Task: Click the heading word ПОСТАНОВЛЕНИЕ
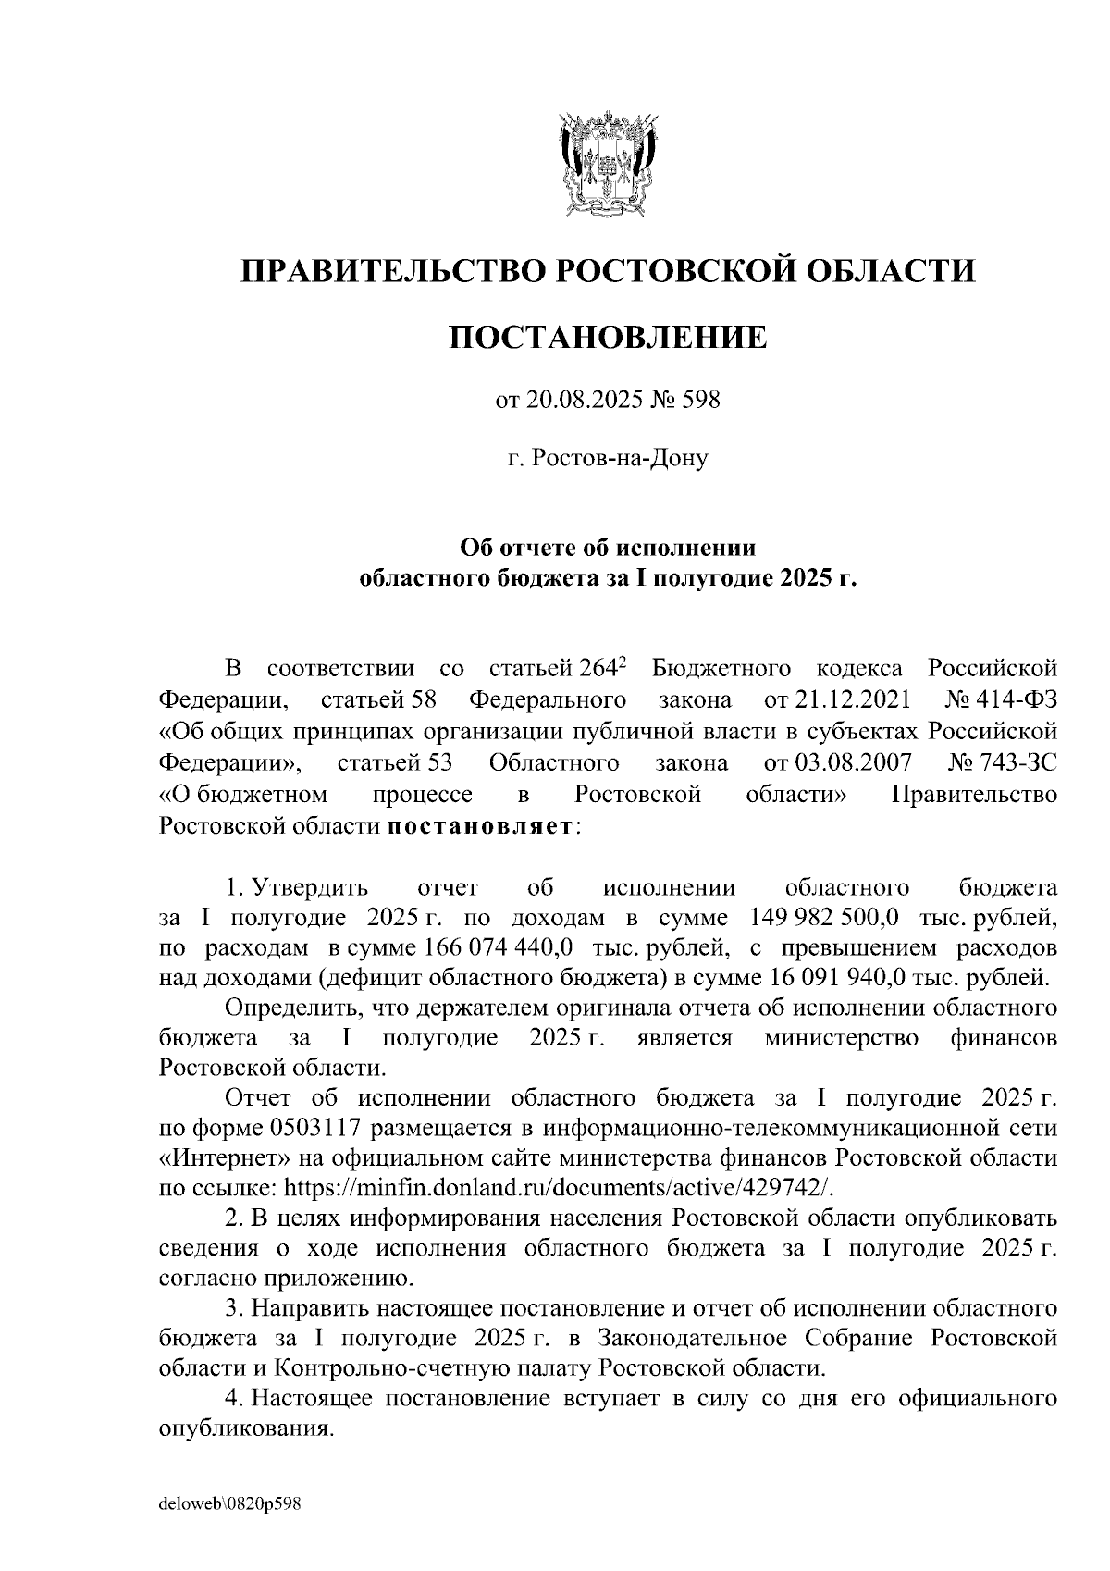pos(608,338)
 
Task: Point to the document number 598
pos(700,401)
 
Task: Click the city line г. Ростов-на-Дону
pos(608,458)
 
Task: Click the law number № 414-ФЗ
pos(1003,699)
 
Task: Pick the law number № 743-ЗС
pos(1003,762)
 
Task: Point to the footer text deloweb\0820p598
pos(231,1504)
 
